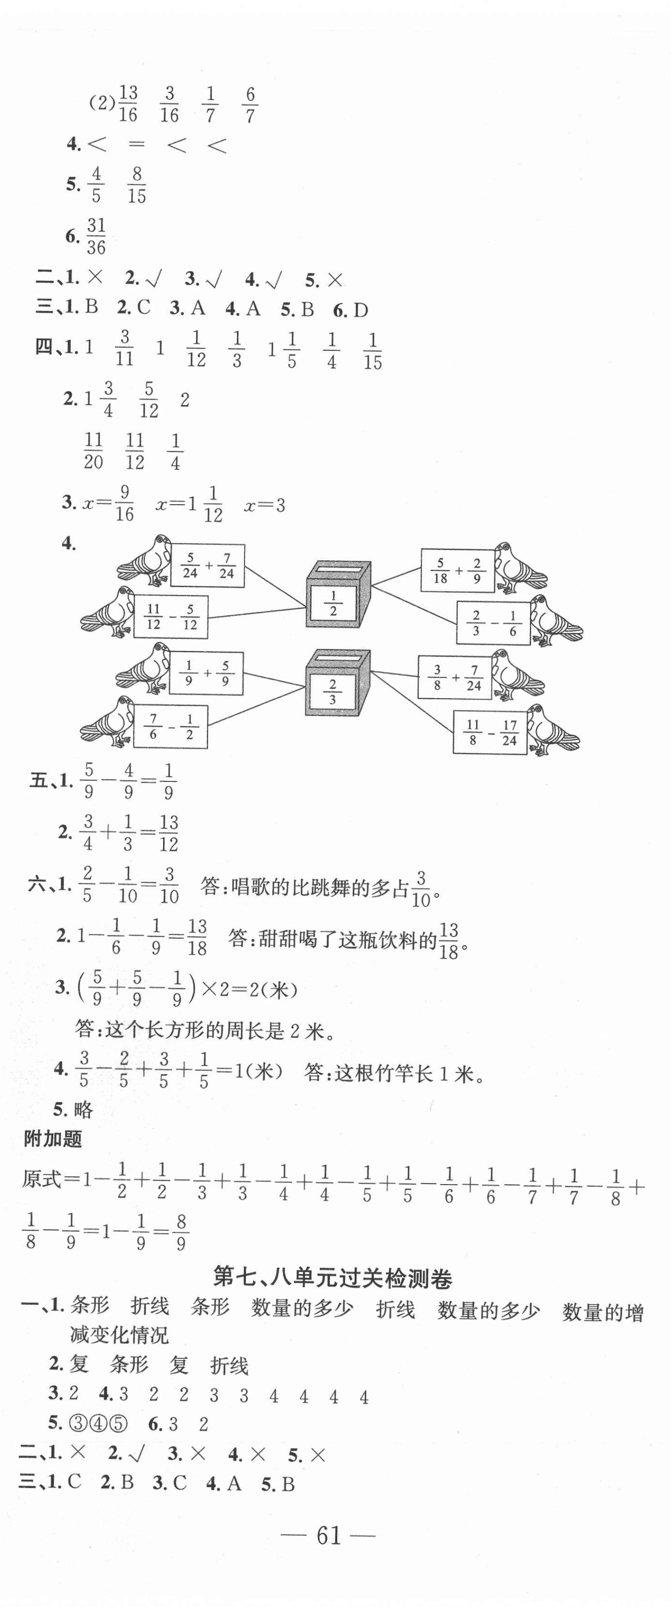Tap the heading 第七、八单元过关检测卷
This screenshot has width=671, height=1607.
[332, 1278]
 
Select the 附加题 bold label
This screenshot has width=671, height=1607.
[53, 1139]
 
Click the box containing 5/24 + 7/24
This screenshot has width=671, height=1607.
[208, 566]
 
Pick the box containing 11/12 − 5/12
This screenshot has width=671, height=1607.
[171, 617]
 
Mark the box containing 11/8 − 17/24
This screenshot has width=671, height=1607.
[490, 733]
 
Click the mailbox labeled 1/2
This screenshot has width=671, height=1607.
[337, 595]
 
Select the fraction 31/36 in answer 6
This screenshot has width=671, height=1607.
[95, 237]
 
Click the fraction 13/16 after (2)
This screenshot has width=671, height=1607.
[128, 104]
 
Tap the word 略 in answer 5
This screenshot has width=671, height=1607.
[82, 1109]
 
